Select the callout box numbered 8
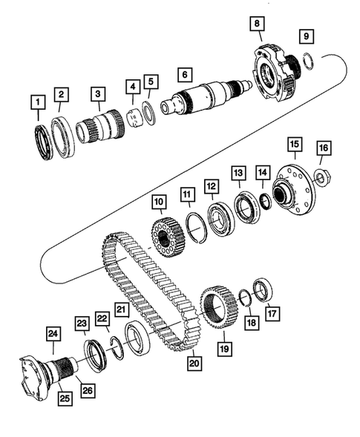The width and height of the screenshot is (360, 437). [258, 24]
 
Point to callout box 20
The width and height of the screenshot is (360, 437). [195, 363]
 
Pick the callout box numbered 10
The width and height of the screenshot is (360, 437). [158, 202]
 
